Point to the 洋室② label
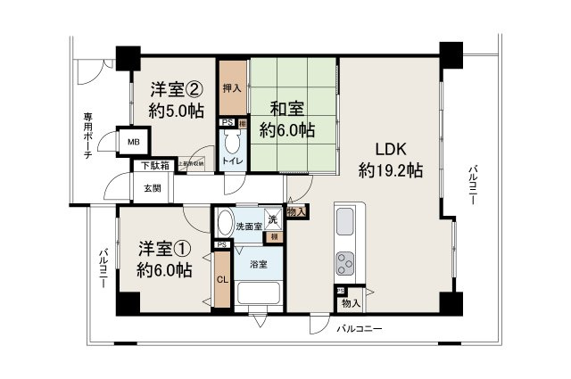pos(175,90)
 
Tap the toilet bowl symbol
pos(232,143)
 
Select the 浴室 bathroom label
pos(260,265)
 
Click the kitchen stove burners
pos(345,264)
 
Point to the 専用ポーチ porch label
pos(87,136)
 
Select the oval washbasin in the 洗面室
pos(225,224)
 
